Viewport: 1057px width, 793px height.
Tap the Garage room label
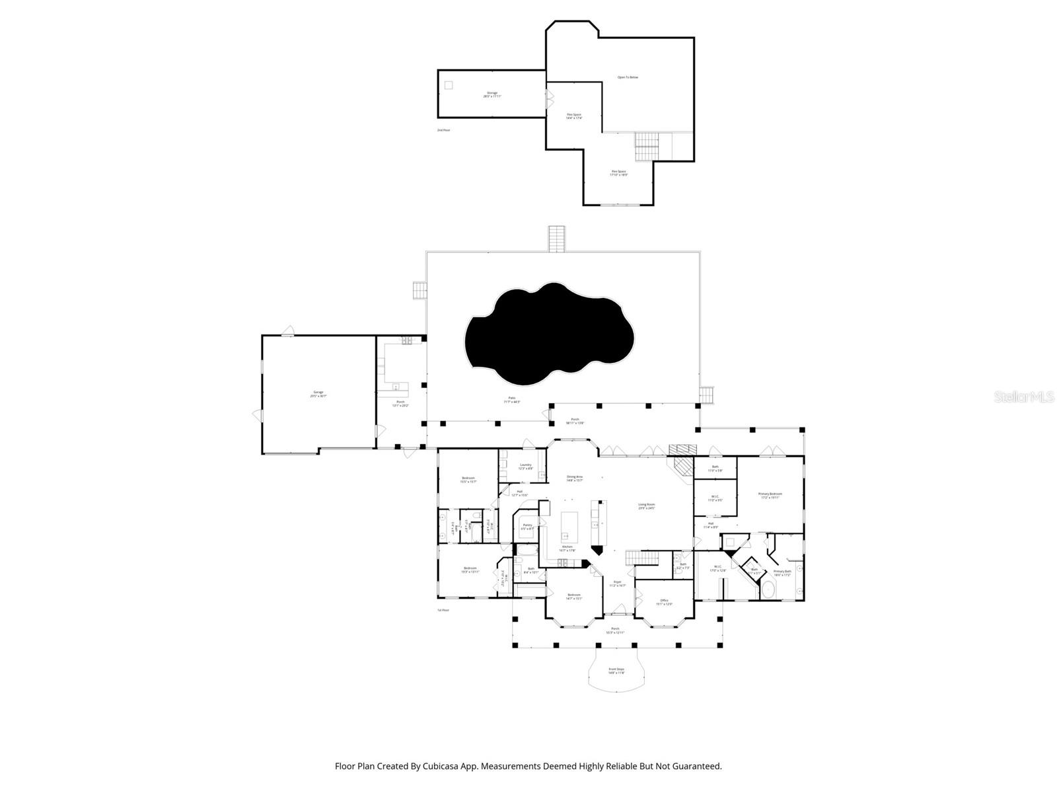coord(319,394)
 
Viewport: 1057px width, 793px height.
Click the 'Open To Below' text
coord(628,77)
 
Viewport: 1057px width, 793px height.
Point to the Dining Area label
coord(575,478)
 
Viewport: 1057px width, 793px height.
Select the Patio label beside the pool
coord(512,400)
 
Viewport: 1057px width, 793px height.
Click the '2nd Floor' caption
coord(443,130)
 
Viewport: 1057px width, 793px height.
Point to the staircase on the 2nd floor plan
coord(647,146)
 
